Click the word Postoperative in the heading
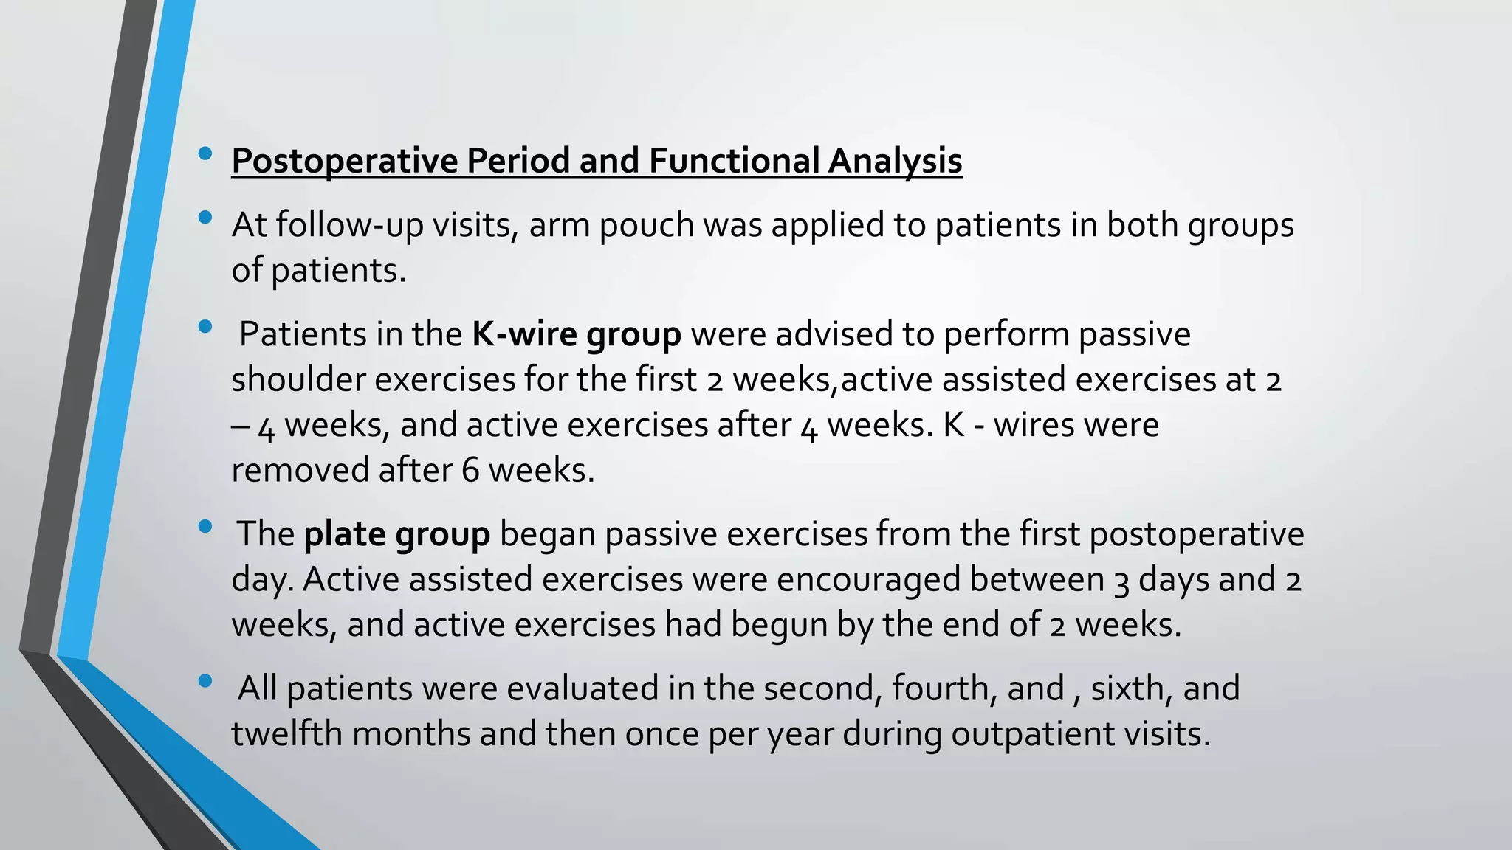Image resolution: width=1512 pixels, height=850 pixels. pyautogui.click(x=345, y=162)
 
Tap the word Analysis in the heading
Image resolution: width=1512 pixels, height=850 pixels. pyautogui.click(x=895, y=162)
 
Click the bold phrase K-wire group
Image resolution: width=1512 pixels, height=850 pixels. pyautogui.click(x=576, y=335)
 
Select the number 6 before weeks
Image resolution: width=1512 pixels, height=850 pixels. pyautogui.click(x=470, y=471)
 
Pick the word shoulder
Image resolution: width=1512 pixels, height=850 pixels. pyautogui.click(x=298, y=380)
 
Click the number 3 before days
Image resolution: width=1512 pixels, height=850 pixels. pyautogui.click(x=1121, y=581)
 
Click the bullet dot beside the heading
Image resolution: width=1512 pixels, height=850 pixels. pyautogui.click(x=205, y=153)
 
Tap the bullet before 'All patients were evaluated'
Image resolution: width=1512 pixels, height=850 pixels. pyautogui.click(x=205, y=681)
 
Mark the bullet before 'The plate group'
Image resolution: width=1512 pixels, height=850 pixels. pyautogui.click(x=205, y=527)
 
